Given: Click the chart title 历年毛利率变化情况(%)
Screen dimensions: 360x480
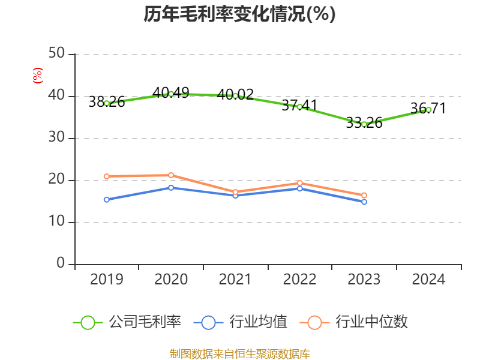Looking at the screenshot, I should point(239,14).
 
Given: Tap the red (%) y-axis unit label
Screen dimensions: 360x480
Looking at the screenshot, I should point(37,76).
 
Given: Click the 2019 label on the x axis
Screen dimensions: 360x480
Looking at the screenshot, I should point(106,280).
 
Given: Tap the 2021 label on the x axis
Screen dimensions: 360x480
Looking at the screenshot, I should point(235,280).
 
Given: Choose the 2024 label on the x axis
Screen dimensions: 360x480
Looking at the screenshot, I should point(428,280).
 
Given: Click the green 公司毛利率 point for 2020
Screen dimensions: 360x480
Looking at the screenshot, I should point(171,94).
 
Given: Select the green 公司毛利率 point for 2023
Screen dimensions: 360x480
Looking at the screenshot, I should point(364,124).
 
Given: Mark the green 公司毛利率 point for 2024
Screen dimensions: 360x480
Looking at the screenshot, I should point(428,110).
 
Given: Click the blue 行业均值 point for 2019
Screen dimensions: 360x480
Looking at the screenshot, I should point(106,199).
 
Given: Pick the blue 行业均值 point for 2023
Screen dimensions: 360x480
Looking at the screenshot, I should point(364,202).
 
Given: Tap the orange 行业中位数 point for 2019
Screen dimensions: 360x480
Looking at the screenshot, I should point(106,176).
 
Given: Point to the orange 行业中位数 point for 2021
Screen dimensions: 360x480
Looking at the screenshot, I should point(235,192).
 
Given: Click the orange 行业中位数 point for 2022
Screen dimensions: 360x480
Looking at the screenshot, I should point(300,183).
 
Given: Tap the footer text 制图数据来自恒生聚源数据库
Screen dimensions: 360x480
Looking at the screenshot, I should point(239,353).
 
